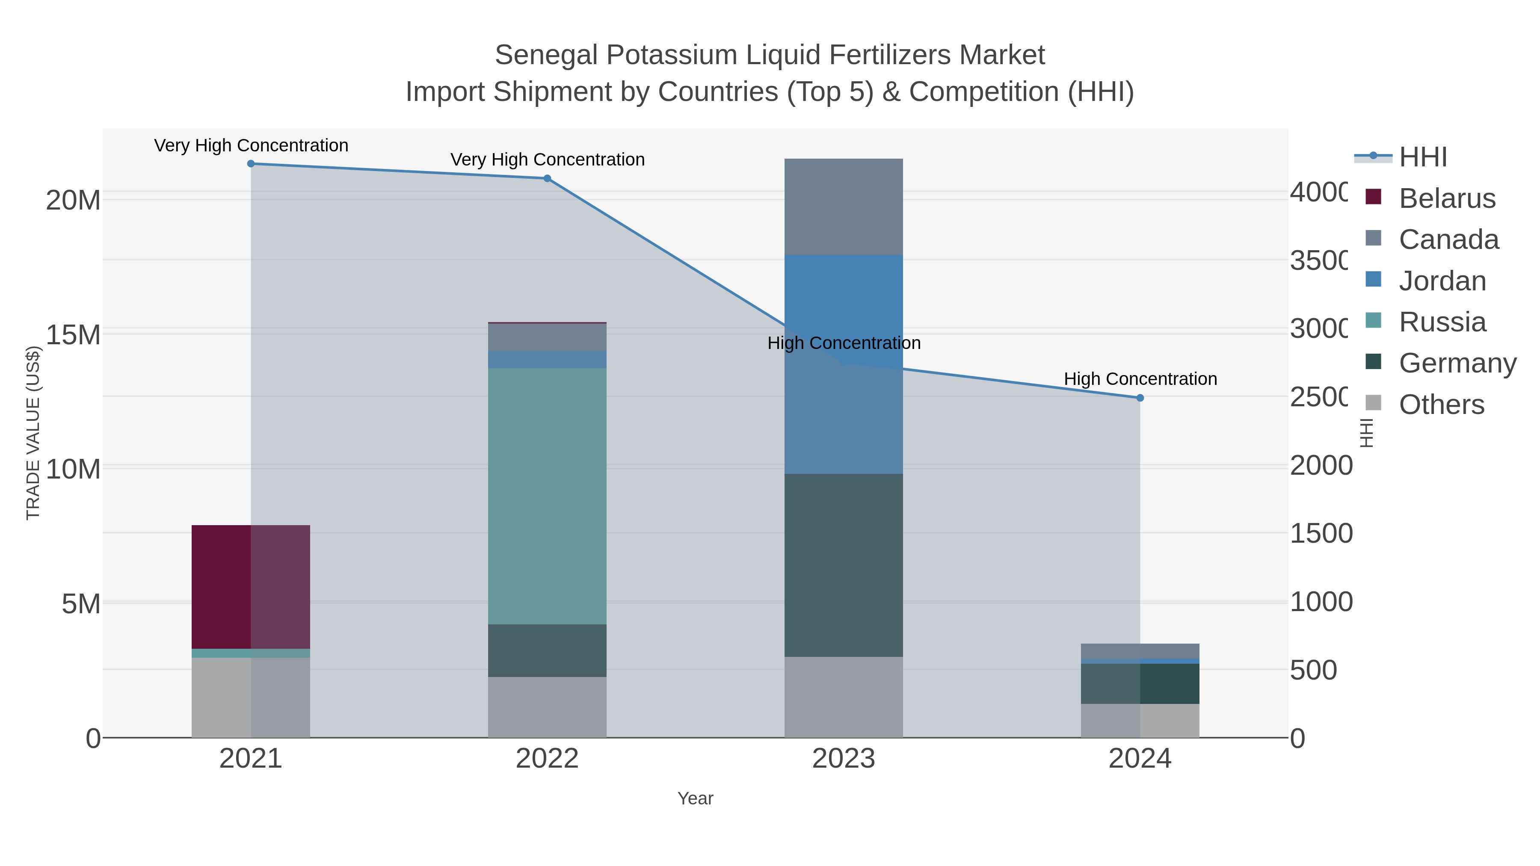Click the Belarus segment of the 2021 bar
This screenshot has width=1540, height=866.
pyautogui.click(x=251, y=586)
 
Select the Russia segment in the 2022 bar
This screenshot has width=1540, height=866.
pyautogui.click(x=547, y=496)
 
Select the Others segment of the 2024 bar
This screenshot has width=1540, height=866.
pyautogui.click(x=1140, y=720)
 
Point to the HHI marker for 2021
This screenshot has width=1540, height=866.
pyautogui.click(x=251, y=164)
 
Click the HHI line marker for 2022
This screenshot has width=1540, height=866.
pyautogui.click(x=547, y=178)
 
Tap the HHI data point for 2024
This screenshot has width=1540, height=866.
pyautogui.click(x=1140, y=398)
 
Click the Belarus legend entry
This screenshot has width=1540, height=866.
pyautogui.click(x=1447, y=198)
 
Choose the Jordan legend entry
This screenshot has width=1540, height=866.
pyautogui.click(x=1442, y=281)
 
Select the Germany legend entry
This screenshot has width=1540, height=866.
pyautogui.click(x=1457, y=364)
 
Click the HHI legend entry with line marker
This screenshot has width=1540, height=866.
pyautogui.click(x=1423, y=157)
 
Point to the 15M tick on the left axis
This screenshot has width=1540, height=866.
pyautogui.click(x=73, y=335)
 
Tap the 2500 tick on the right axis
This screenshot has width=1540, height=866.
pyautogui.click(x=1318, y=397)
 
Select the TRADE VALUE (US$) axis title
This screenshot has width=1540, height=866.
pyautogui.click(x=33, y=433)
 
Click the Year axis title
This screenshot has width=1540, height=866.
pyautogui.click(x=695, y=798)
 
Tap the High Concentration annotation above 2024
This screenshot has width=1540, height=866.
pyautogui.click(x=1140, y=379)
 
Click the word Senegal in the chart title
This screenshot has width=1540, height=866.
pyautogui.click(x=546, y=55)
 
